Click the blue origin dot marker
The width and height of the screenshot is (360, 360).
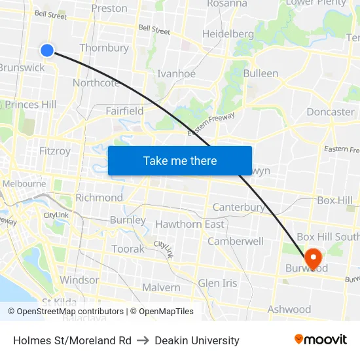tap(47, 50)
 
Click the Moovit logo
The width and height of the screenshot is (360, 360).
tap(321, 339)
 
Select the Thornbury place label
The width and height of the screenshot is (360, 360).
tap(104, 48)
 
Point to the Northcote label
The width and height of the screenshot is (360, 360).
tap(96, 83)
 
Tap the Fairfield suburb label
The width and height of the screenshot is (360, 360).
tap(124, 111)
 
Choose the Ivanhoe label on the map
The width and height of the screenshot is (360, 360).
tap(177, 73)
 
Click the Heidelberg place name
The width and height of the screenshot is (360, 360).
tap(228, 34)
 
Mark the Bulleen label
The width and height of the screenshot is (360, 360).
tap(261, 73)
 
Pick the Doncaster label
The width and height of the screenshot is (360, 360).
tap(330, 112)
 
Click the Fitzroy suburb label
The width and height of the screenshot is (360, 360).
tap(55, 151)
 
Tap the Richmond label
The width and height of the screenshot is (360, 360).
tap(99, 198)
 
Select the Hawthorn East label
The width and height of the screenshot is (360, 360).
tap(190, 225)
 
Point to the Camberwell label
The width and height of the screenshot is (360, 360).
tap(236, 242)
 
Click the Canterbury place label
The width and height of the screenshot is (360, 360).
tap(239, 207)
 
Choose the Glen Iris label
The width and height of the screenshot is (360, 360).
tap(217, 283)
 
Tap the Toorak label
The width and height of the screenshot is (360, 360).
tap(128, 249)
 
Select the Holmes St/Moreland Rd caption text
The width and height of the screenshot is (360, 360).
tap(72, 340)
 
